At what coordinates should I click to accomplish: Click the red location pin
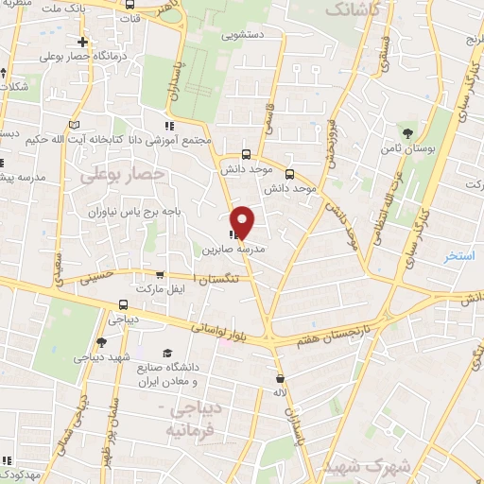(243, 221)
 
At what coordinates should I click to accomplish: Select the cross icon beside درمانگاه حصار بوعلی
(83, 42)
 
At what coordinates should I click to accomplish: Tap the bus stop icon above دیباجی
(123, 304)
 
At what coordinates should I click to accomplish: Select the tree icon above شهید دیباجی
(101, 341)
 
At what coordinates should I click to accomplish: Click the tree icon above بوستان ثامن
(408, 132)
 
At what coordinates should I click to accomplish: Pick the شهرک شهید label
(357, 467)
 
